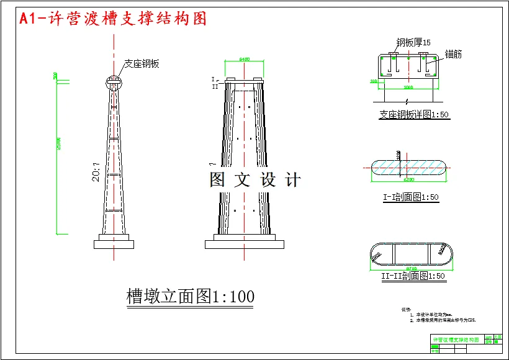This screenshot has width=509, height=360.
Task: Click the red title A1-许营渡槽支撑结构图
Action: tap(113, 19)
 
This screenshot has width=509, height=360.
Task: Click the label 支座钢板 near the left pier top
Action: tap(142, 63)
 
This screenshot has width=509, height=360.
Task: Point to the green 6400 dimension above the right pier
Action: tap(245, 60)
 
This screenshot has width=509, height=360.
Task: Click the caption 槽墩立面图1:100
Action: tap(190, 297)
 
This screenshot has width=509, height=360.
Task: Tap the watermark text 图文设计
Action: tap(255, 180)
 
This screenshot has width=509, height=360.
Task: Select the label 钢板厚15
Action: tap(413, 42)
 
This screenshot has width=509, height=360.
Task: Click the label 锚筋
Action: tap(453, 55)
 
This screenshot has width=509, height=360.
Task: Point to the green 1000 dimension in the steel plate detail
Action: tap(408, 88)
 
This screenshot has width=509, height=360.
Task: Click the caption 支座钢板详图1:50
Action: tap(414, 115)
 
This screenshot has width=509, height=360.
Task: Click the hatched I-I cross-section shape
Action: tap(408, 168)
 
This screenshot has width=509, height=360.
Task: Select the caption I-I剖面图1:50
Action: tap(410, 197)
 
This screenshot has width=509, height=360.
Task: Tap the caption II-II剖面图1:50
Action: tap(413, 276)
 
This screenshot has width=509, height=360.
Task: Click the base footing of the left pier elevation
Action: tap(114, 243)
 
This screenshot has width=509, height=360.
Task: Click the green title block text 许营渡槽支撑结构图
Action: tap(456, 340)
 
